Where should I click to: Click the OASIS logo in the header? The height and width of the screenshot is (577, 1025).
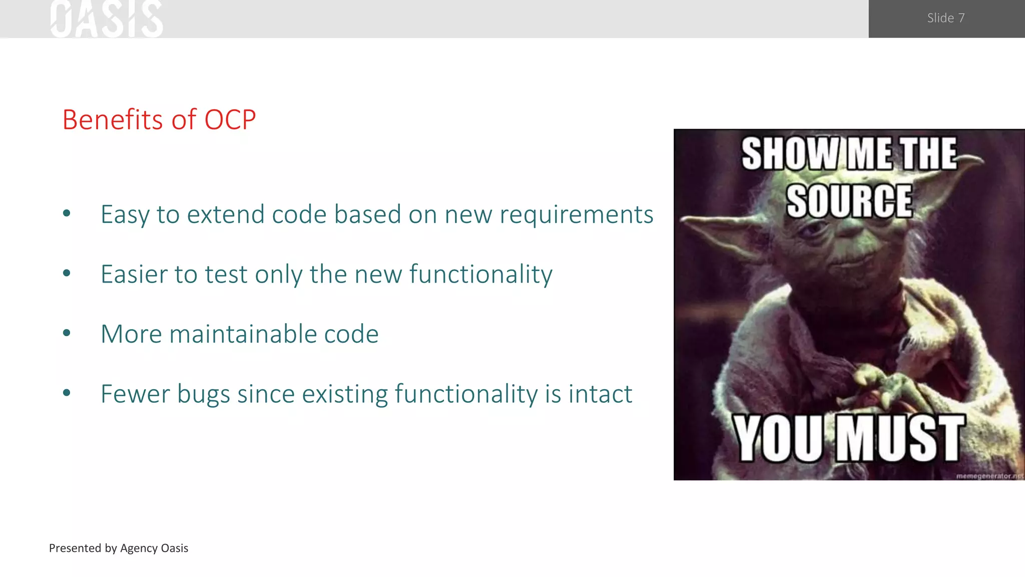pyautogui.click(x=106, y=19)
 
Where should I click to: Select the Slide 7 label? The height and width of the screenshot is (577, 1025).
pyautogui.click(x=945, y=18)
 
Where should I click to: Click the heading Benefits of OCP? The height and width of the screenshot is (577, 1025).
pyautogui.click(x=159, y=120)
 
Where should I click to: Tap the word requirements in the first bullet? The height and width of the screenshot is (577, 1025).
pyautogui.click(x=576, y=215)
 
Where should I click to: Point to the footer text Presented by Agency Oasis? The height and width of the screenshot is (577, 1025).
pyautogui.click(x=119, y=548)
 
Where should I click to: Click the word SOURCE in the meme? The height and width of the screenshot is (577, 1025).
pyautogui.click(x=849, y=201)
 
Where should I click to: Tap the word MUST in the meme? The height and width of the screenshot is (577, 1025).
pyautogui.click(x=900, y=438)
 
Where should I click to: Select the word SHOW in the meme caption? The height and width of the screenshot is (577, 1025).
pyautogui.click(x=790, y=154)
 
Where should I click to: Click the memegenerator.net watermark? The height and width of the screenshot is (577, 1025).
pyautogui.click(x=989, y=476)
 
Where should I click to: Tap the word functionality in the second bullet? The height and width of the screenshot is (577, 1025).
pyautogui.click(x=480, y=274)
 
